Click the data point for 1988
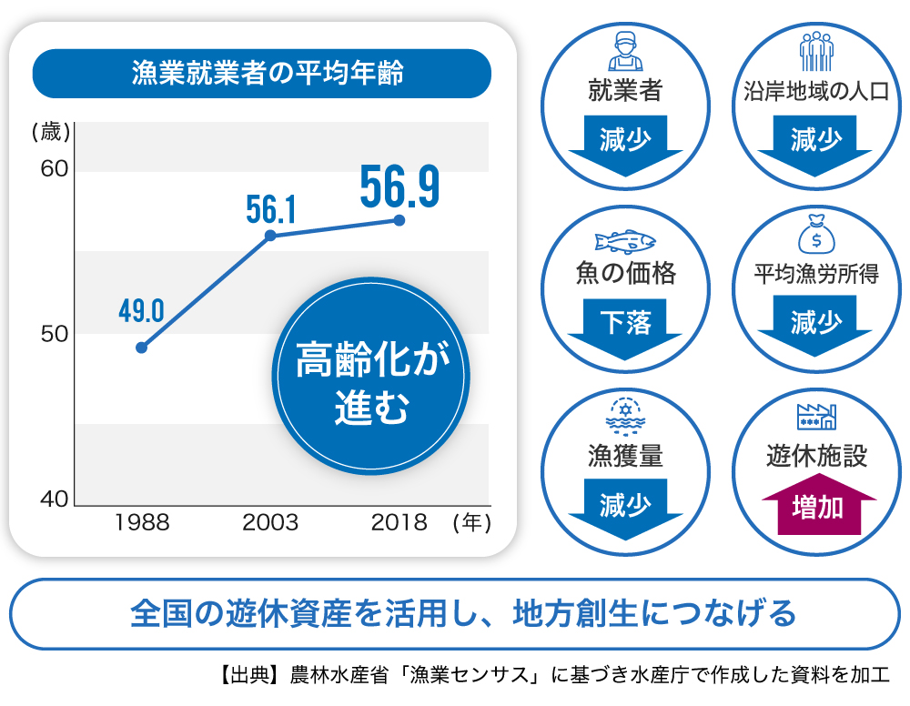pos(141,347)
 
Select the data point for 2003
pos(269,236)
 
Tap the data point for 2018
pos(399,220)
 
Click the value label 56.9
pos(399,186)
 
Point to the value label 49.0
pos(141,311)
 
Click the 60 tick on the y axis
pos(54,170)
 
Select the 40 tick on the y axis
pos(54,499)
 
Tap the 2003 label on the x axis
pos(270,522)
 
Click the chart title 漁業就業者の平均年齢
pos(261,74)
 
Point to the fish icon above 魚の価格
pos(625,241)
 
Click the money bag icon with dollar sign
pos(816,234)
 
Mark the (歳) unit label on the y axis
pos(50,132)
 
